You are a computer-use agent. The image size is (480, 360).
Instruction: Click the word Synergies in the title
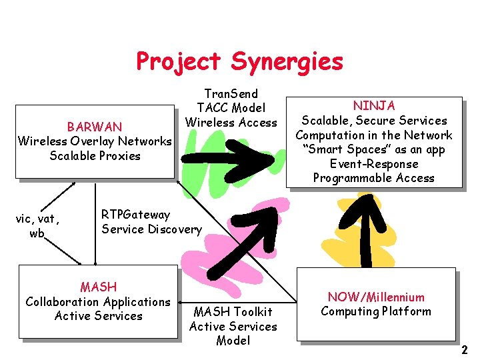pos(287,62)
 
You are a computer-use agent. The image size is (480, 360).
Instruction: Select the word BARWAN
pos(95,127)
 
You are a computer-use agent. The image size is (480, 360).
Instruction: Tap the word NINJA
pos(374,105)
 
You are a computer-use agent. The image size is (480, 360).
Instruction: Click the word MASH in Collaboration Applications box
pos(98,287)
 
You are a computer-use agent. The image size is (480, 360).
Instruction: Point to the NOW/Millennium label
pos(376,297)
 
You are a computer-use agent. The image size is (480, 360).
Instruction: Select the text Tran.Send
pos(231,93)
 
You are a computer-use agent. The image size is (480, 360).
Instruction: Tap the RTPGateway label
pos(135,215)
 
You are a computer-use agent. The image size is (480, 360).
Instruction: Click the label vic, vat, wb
pos(38,225)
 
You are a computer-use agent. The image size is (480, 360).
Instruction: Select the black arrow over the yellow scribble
pos(366,227)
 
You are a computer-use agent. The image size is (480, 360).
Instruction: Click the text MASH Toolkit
pos(233,311)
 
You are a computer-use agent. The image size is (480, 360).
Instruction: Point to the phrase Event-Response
pos(374,163)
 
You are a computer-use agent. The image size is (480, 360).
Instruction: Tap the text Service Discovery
pos(151,229)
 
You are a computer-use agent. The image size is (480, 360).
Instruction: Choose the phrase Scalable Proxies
pos(95,156)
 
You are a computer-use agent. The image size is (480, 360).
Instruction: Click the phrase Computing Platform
pos(376,311)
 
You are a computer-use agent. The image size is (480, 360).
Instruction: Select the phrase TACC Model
pos(231,108)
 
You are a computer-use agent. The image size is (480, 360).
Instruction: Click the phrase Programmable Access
pos(374,178)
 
